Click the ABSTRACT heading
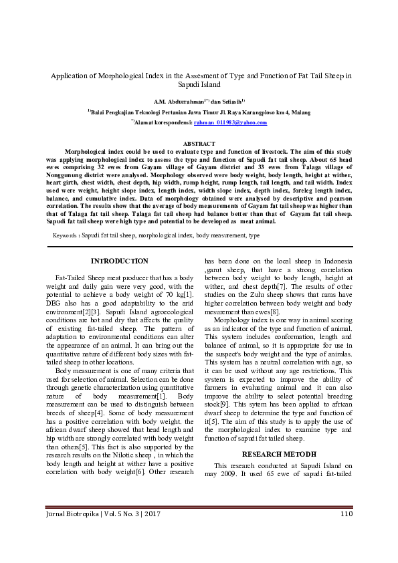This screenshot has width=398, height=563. (199, 144)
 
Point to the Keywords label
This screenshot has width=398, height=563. (67, 236)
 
